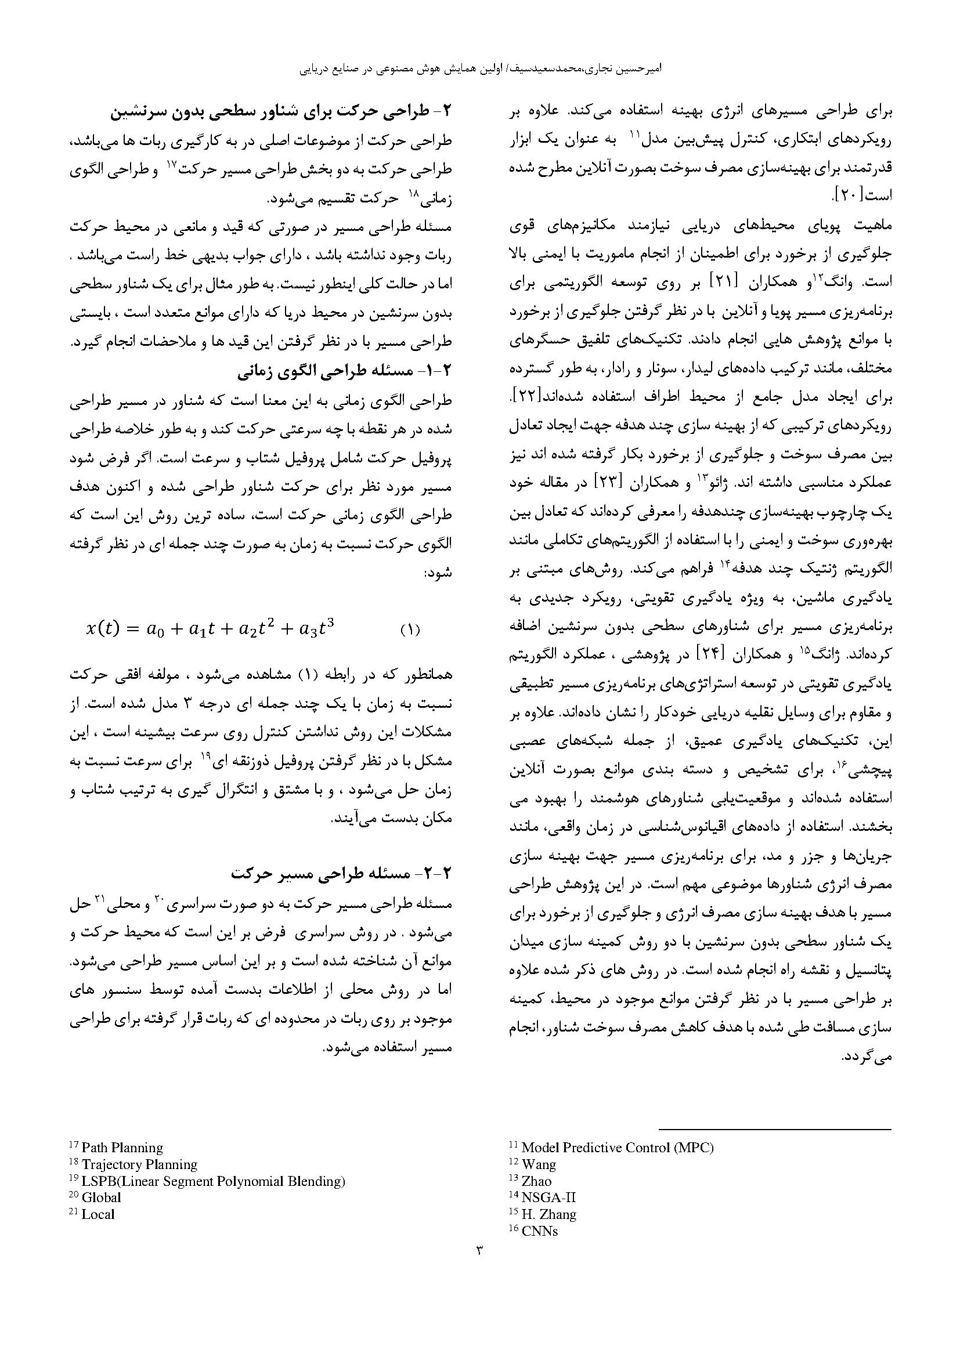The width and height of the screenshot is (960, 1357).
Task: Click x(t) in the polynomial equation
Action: (103, 629)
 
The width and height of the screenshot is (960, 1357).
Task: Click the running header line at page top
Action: (480, 69)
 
